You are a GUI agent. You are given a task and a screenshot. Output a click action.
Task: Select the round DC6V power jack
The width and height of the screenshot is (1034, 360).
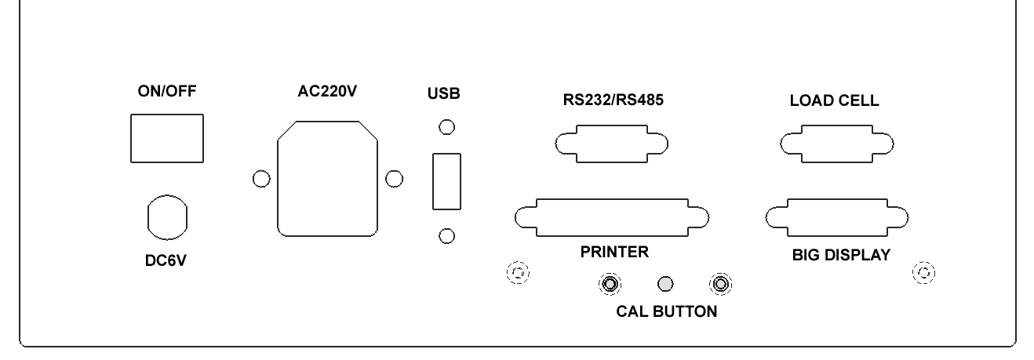(167, 216)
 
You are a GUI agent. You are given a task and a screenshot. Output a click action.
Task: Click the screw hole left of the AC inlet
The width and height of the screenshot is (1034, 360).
(261, 179)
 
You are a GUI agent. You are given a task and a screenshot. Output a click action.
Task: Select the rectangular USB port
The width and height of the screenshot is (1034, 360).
(446, 181)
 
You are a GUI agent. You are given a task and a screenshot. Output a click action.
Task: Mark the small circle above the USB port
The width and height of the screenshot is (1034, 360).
(446, 126)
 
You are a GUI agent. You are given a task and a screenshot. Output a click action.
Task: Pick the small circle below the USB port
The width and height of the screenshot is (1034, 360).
(446, 235)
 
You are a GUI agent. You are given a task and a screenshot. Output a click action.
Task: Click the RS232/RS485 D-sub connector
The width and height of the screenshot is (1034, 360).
(611, 144)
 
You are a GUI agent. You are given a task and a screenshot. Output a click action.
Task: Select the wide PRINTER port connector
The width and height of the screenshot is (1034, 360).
(611, 216)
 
